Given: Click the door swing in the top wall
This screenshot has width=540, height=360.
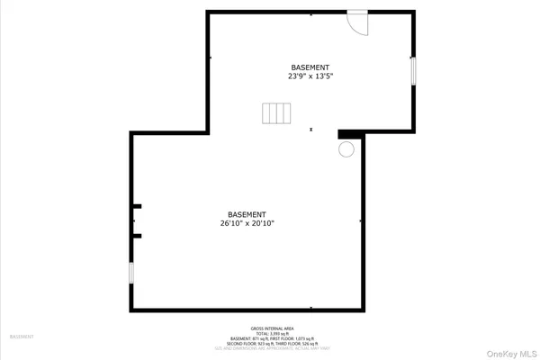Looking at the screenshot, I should click(x=358, y=23).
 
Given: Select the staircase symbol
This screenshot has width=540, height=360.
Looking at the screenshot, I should click(x=277, y=113).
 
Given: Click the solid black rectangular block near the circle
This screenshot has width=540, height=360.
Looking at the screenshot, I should click(x=350, y=135).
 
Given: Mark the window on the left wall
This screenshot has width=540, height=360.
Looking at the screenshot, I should click(x=130, y=273).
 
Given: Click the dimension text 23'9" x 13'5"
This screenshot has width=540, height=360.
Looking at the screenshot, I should click(x=310, y=77).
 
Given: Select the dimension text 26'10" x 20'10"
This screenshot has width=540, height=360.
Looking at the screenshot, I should click(x=246, y=223).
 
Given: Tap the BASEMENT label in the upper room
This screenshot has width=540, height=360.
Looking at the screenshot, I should click(x=310, y=67).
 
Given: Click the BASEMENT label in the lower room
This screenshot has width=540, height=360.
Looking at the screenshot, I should click(x=246, y=213).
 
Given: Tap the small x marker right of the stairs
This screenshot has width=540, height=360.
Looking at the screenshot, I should click(x=310, y=130).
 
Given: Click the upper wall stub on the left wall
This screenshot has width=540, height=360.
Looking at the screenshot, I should click(x=137, y=207).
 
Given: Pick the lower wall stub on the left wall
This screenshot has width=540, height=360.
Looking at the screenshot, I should click(x=137, y=236).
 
